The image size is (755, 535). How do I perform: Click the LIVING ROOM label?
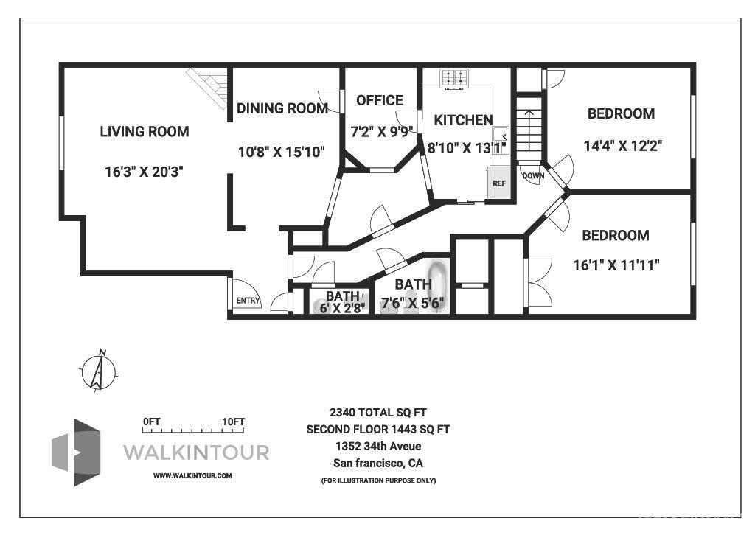coord(145,132)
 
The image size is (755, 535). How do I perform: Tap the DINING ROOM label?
coord(282,108)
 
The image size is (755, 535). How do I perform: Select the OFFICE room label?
coord(379,100)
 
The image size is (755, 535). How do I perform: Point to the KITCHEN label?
coord(463,120)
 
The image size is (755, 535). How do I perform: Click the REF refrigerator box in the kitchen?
coord(499,183)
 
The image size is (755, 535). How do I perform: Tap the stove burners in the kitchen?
coord(455,77)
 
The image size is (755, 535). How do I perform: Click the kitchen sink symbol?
coord(501,135)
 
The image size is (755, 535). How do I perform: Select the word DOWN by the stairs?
coord(532,176)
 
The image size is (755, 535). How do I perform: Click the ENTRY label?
coord(248,301)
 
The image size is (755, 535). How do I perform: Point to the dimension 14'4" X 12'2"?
coord(623,145)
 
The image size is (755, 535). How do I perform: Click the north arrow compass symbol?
coord(98,370)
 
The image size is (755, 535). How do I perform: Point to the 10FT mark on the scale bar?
coord(234,422)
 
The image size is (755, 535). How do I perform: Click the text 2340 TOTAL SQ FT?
coord(378,413)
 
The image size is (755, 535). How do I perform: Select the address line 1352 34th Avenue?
coord(378,446)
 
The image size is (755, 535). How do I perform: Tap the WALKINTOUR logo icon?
coord(77,452)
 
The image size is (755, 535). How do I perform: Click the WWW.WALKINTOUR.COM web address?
coord(192,476)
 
